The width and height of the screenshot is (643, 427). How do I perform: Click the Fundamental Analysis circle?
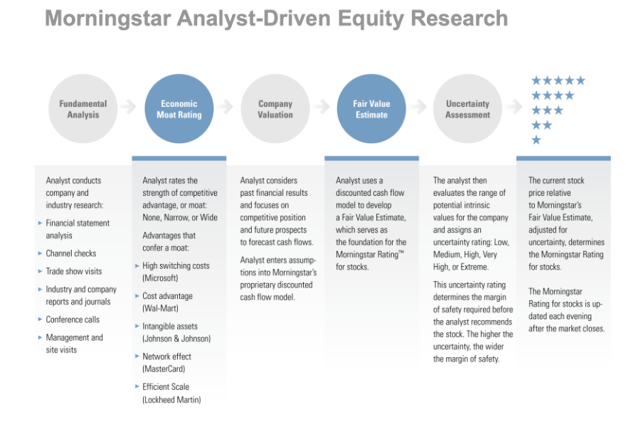coord(83,109)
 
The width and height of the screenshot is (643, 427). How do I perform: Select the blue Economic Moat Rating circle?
coord(180,109)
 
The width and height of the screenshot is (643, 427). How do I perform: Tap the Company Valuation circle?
coord(275,109)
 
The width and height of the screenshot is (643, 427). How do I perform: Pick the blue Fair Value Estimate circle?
coord(371,109)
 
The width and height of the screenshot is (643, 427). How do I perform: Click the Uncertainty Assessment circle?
coord(467,109)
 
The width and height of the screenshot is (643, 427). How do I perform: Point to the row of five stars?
coord(558,80)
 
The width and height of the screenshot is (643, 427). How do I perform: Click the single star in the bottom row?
coord(536,140)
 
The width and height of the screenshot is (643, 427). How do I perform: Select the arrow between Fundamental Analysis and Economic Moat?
coord(128,107)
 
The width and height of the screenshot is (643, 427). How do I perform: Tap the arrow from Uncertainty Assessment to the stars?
coord(512,107)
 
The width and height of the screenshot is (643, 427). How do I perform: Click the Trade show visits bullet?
coord(74,271)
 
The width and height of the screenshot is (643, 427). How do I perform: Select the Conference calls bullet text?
coord(73,320)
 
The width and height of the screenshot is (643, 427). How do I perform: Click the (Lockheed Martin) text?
coord(171,399)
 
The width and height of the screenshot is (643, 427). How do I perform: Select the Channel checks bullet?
coord(71,253)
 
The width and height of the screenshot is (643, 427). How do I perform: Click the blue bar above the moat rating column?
coord(179,158)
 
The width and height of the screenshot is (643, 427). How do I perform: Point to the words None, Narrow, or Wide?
coord(180,217)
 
